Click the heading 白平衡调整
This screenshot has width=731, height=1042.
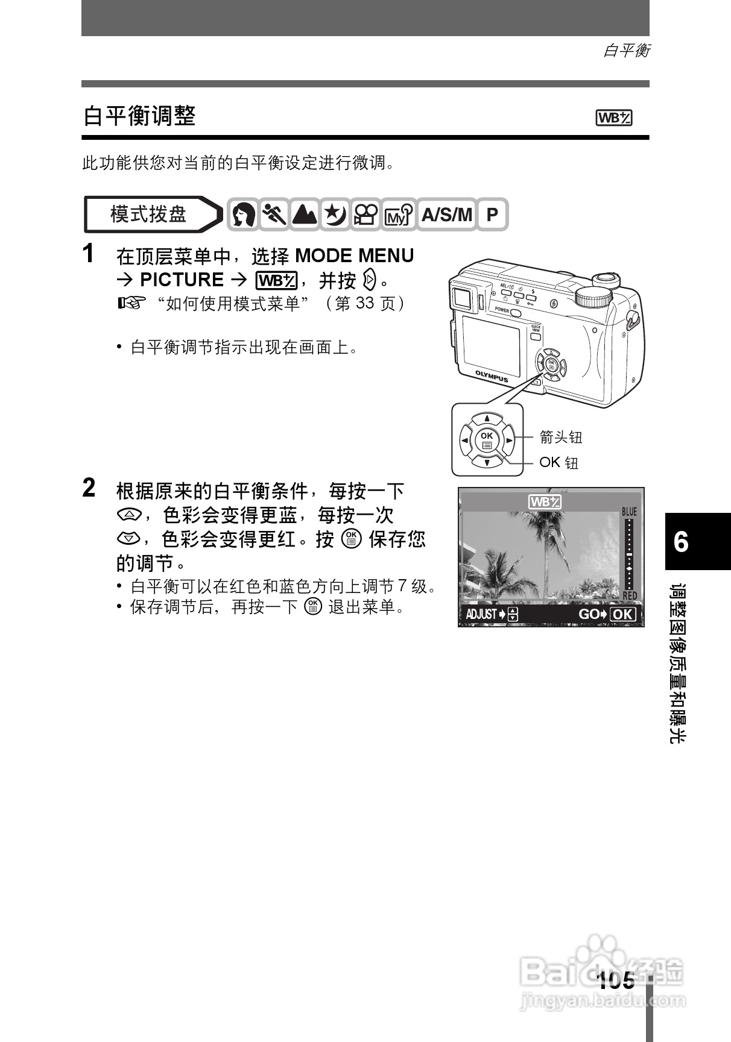[x=139, y=116]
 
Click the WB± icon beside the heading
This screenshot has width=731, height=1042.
[x=613, y=118]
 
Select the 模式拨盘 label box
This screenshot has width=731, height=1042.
[x=148, y=214]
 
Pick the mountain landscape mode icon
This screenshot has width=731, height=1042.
[x=305, y=215]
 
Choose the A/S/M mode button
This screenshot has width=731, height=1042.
[x=446, y=215]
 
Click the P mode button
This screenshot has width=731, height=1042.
[x=492, y=215]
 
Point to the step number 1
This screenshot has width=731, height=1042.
[x=89, y=254]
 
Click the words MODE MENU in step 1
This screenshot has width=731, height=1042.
[x=355, y=256]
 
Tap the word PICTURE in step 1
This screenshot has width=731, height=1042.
[x=182, y=280]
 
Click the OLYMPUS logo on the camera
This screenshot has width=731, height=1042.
[x=492, y=376]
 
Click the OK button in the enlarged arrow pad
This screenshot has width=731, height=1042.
[x=487, y=441]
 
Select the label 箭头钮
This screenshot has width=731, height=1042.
[x=560, y=436]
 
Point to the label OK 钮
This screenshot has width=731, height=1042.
[x=559, y=462]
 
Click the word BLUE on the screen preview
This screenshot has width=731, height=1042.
[x=629, y=512]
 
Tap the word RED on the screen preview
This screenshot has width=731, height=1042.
[x=629, y=595]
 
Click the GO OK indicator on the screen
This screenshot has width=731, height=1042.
[x=607, y=614]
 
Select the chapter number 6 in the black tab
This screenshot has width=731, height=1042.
[x=681, y=542]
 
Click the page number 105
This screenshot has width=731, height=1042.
[x=616, y=981]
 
